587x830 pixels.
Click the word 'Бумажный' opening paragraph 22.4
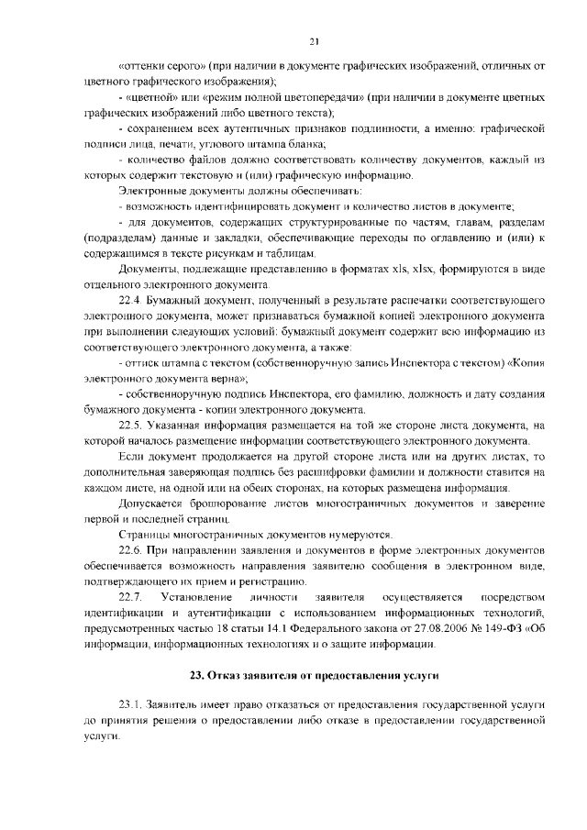pos(174,301)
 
